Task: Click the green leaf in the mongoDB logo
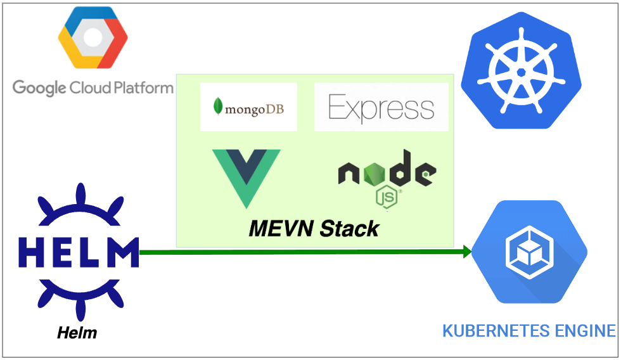point(218,106)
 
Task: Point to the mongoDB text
point(253,107)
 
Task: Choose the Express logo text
point(381,107)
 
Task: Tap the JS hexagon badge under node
point(387,197)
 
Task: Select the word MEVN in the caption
point(282,228)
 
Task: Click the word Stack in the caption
point(350,228)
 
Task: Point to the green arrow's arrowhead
point(468,252)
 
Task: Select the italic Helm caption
point(77,332)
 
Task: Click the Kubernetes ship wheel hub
point(521,72)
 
